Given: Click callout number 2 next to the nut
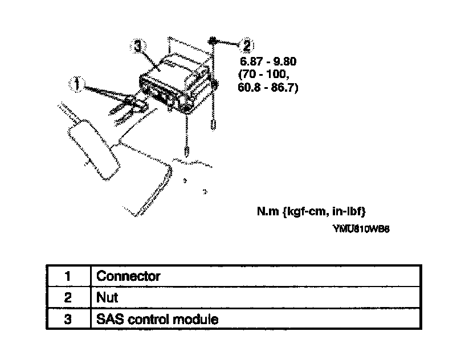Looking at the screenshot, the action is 246,44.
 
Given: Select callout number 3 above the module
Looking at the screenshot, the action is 138,46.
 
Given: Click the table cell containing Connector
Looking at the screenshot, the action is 129,276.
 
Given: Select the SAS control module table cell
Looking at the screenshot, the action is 157,319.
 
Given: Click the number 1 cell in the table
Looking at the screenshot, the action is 67,276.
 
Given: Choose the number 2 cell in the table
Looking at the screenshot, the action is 67,297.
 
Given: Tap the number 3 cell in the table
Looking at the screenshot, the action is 67,319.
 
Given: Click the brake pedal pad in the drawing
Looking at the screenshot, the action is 91,145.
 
